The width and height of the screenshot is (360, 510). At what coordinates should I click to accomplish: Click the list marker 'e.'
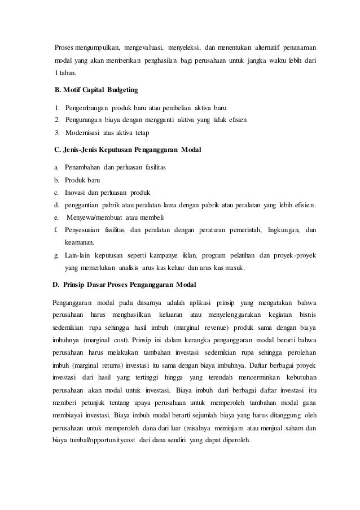tap(56, 217)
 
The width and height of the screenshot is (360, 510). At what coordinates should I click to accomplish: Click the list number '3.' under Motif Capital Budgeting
tap(57, 132)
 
